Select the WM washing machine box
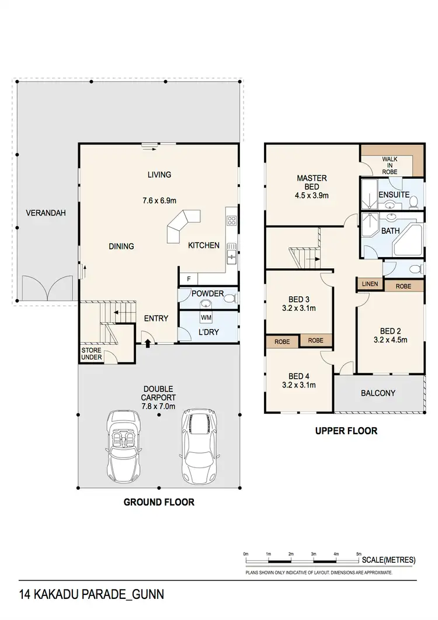point(206,317)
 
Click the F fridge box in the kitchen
point(189,279)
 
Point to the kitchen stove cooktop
point(231,220)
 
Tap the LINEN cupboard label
point(369,285)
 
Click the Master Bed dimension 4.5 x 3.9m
point(312,196)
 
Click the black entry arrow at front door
point(147,344)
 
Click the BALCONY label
point(378,393)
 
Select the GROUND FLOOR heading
point(159,502)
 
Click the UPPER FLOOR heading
point(346,431)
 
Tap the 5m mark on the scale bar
point(359,553)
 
